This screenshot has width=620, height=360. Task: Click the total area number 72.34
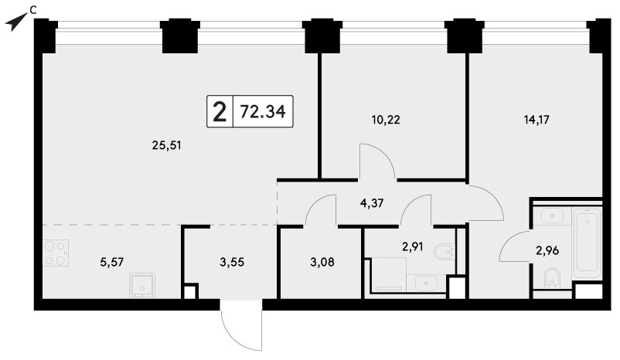click(263, 111)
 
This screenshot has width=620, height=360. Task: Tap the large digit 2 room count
click(220, 112)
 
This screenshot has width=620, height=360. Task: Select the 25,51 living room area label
click(166, 146)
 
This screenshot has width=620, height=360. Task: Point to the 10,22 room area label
click(386, 119)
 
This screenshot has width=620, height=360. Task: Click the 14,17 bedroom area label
click(537, 119)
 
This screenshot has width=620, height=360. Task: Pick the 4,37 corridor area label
click(372, 203)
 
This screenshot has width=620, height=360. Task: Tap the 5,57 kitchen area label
click(112, 262)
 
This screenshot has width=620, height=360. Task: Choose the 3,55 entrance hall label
click(232, 262)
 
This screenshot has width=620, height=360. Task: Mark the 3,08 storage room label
click(322, 262)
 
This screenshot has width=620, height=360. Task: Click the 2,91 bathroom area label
click(412, 247)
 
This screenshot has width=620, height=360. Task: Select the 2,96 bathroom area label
click(547, 250)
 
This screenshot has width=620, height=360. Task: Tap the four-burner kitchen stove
click(56, 253)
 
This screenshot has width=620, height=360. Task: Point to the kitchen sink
click(142, 285)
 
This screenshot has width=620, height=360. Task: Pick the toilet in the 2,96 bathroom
click(551, 277)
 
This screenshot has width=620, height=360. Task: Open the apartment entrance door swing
click(242, 324)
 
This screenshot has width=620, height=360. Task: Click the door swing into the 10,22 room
click(376, 161)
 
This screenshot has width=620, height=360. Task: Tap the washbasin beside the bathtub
click(552, 216)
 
